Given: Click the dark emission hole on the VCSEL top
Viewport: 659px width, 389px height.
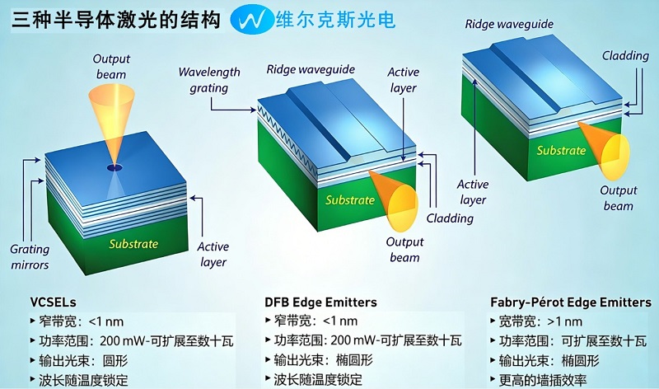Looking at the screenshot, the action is [115, 168].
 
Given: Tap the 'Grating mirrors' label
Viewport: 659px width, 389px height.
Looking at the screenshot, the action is [30, 257].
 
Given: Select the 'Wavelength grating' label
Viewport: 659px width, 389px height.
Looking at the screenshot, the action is [209, 80].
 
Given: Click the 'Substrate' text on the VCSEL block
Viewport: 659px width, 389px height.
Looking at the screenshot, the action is [133, 244].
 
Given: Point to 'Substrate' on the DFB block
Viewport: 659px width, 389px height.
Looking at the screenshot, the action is [349, 199].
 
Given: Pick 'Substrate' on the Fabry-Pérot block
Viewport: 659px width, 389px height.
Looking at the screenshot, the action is [561, 150].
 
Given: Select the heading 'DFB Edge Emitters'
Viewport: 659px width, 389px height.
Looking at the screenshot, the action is [320, 302].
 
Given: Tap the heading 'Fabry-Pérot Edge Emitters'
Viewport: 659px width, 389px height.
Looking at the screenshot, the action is [571, 302].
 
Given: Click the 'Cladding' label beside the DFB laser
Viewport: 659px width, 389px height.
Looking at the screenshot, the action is [450, 218].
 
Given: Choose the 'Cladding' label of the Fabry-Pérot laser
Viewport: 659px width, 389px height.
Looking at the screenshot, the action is [625, 55].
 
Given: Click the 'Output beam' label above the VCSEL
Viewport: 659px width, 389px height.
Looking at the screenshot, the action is [111, 67].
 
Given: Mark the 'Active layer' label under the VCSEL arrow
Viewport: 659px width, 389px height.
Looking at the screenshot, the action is [213, 254].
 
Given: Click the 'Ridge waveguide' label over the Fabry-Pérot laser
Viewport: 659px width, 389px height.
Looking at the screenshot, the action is [509, 24].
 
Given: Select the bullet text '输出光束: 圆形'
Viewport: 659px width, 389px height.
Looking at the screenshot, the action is [83, 361].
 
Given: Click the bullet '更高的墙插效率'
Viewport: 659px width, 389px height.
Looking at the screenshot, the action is [543, 380].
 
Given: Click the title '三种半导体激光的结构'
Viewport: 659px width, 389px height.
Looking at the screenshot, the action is [116, 19].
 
